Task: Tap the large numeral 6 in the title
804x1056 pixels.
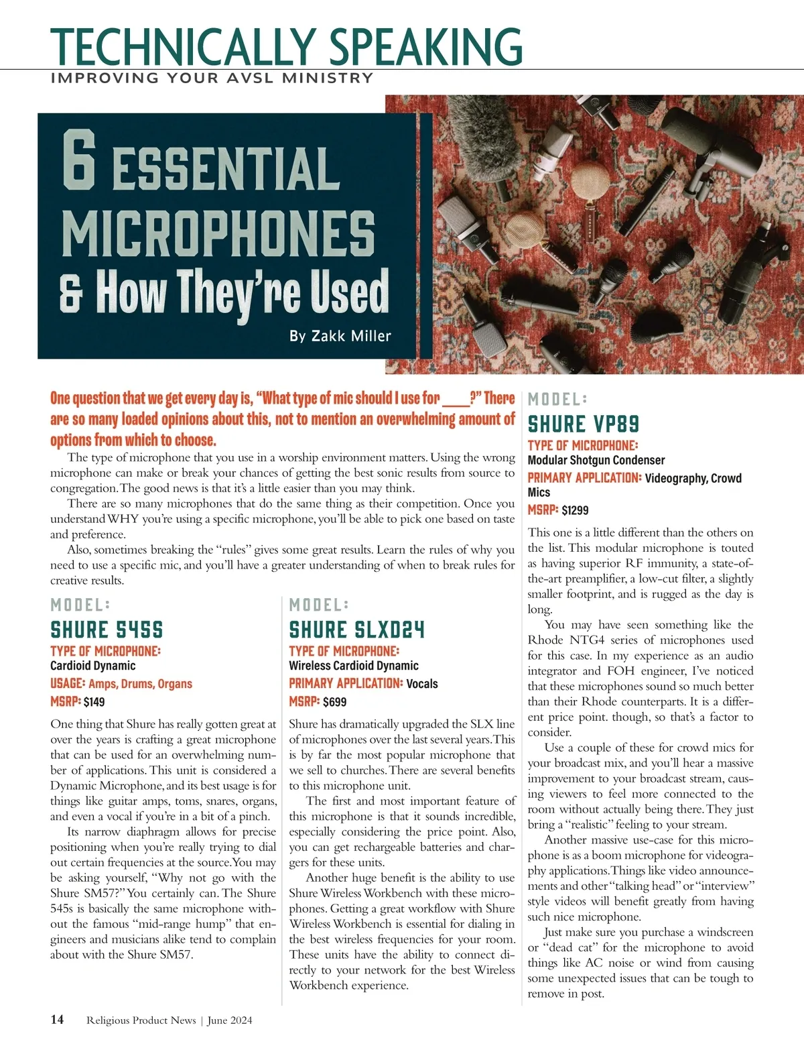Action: [79, 161]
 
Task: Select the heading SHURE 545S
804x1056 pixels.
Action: [107, 630]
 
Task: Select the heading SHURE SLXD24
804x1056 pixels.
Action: [356, 630]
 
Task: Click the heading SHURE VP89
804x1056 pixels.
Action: [583, 424]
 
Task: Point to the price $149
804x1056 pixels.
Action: [94, 702]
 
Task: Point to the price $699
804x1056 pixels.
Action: [334, 702]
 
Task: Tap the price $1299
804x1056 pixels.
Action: [575, 510]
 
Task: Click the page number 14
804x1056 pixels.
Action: [57, 1020]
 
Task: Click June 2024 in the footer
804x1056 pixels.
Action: [230, 1020]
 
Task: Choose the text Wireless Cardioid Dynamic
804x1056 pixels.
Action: [353, 666]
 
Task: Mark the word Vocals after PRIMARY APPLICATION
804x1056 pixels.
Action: [422, 684]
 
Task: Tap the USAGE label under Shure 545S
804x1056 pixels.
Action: [68, 684]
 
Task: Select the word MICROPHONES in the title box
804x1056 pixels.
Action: [218, 233]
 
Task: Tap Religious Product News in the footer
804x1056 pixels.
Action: [141, 1020]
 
